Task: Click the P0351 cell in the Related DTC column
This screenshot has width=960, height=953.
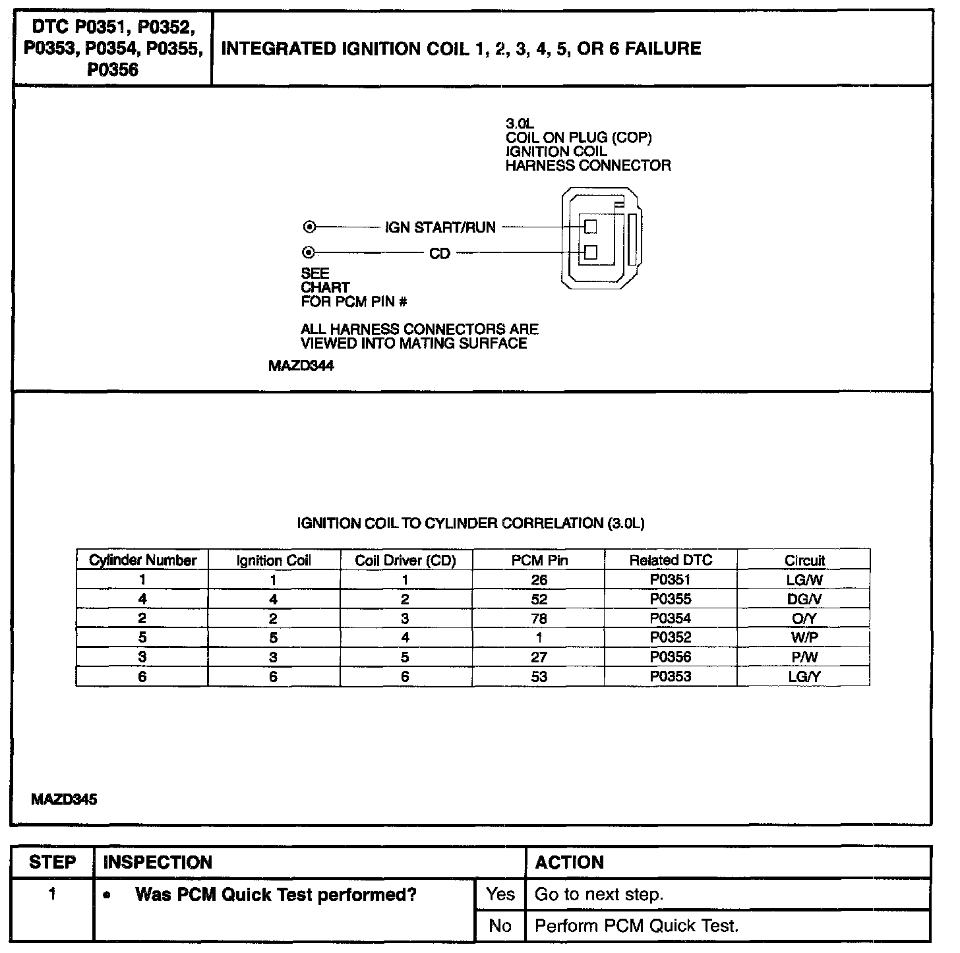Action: tap(670, 580)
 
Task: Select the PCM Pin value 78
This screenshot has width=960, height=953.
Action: tap(539, 619)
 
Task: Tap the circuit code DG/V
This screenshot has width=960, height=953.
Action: tap(804, 599)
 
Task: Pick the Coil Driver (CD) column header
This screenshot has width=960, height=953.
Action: tap(405, 560)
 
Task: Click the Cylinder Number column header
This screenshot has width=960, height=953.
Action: tap(142, 560)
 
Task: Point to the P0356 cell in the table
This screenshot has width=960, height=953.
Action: tap(670, 657)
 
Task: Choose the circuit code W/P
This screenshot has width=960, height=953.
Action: tap(804, 638)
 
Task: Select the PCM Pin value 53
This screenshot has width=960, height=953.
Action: tap(539, 677)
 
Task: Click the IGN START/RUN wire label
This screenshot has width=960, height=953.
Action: tap(440, 227)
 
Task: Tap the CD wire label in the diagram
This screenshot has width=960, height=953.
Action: tap(440, 254)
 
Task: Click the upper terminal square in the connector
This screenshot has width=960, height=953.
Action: tap(591, 226)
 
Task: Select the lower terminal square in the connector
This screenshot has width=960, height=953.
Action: tap(591, 252)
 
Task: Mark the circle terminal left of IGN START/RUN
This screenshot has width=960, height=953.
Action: tap(309, 227)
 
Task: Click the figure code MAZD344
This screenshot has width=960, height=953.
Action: tap(301, 366)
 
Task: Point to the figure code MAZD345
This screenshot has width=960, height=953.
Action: tap(64, 799)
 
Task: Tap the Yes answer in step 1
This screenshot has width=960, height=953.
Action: tap(500, 894)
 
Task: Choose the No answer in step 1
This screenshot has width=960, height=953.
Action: tap(500, 925)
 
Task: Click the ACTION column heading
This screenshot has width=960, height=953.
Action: tap(569, 863)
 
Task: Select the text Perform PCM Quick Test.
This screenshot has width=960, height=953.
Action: tap(636, 925)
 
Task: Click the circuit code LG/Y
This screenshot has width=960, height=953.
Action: tap(804, 677)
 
